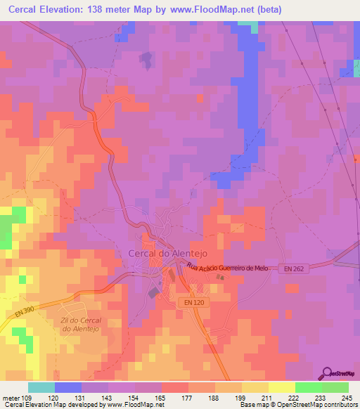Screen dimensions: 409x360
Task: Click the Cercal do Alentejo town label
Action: coord(167,254)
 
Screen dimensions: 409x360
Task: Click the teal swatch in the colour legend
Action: coord(41,387)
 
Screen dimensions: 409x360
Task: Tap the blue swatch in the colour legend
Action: coord(68,387)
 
